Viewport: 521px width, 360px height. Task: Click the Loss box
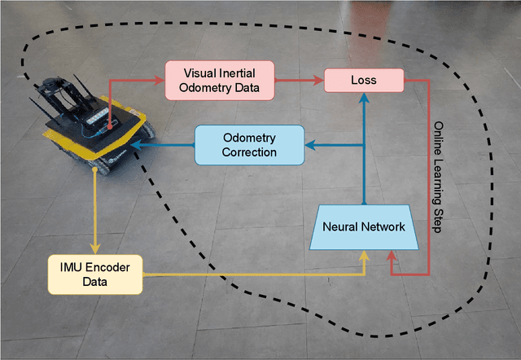tap(363, 80)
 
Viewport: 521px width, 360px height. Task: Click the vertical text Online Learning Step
tap(438, 178)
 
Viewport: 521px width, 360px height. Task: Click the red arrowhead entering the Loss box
tap(319, 80)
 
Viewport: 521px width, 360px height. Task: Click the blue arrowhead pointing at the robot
tap(135, 145)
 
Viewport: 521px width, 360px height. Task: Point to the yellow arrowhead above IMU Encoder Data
tap(95, 248)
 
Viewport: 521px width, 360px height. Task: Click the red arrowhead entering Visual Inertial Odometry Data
tap(160, 80)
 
